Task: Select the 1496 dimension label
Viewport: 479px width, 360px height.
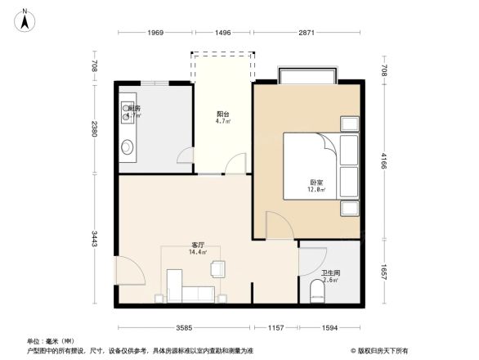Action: (x=222, y=32)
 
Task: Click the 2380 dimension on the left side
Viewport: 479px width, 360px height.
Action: (x=95, y=128)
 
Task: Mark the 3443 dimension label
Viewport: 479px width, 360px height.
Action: (x=95, y=239)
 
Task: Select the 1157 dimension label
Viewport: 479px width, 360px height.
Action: (x=275, y=328)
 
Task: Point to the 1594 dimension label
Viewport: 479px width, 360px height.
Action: (x=329, y=328)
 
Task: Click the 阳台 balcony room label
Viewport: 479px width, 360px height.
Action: (x=222, y=114)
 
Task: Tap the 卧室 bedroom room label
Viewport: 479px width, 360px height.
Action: (x=316, y=182)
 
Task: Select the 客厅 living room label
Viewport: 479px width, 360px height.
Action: (x=198, y=245)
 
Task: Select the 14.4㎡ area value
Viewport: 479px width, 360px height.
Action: (x=198, y=253)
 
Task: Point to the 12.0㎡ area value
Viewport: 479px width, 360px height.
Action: (x=316, y=191)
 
